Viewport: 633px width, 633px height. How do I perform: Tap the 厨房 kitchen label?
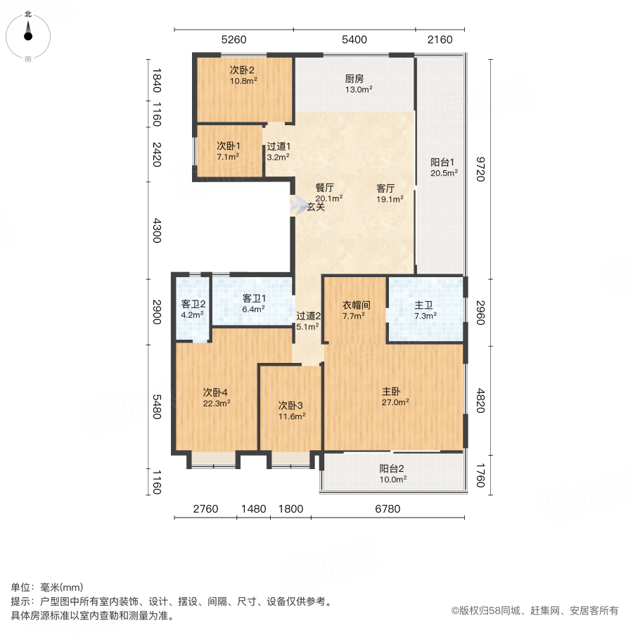[354, 79]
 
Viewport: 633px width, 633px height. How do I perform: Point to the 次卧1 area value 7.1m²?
[228, 157]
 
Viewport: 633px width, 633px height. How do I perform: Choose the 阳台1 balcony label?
[444, 162]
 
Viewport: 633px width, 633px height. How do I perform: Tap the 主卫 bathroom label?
[423, 305]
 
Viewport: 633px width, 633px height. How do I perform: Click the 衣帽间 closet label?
[356, 305]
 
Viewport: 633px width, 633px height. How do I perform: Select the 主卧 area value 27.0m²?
[395, 402]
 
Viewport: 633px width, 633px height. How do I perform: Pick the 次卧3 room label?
[290, 405]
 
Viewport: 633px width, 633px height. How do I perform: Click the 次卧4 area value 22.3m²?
[217, 403]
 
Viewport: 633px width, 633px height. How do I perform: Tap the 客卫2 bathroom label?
[193, 305]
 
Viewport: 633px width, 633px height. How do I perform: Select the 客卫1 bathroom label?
[253, 298]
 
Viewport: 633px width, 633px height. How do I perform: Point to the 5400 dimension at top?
[354, 39]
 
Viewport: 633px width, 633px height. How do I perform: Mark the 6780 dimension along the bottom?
[388, 509]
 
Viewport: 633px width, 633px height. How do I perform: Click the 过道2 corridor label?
[308, 316]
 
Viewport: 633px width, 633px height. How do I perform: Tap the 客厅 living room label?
[385, 188]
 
